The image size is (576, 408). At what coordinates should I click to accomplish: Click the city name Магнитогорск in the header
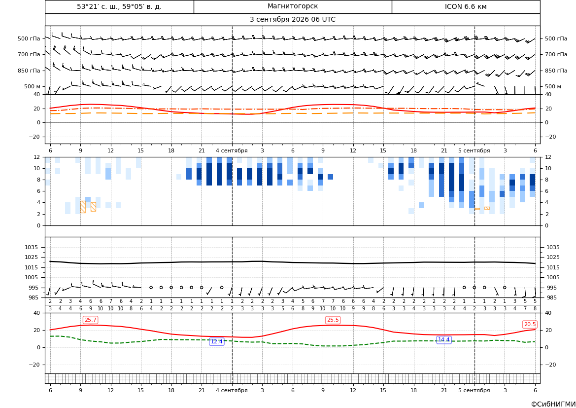292,6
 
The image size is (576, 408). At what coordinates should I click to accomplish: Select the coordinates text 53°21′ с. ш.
96,6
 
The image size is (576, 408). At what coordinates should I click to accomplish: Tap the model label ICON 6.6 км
466,6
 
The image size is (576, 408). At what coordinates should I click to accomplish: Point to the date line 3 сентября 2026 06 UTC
292,20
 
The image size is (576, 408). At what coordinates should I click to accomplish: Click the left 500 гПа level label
29,38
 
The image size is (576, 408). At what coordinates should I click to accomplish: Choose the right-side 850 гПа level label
556,71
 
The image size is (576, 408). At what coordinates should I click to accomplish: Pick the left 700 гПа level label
29,54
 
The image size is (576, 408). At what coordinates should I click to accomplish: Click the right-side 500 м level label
553,86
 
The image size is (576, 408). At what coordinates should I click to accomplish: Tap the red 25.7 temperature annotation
90,320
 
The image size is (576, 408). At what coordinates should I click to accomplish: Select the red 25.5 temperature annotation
333,320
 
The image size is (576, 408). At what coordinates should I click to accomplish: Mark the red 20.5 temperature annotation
530,324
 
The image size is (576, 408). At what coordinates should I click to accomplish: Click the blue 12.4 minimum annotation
216,341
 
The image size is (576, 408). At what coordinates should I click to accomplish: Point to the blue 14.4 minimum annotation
443,339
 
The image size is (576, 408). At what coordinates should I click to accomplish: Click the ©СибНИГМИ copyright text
553,404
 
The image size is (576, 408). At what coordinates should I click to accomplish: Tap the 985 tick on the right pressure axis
551,297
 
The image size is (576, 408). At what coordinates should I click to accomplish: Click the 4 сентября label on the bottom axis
232,390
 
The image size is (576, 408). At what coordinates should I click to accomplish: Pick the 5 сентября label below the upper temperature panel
474,150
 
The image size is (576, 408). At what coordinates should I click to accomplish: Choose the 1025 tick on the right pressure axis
553,257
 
